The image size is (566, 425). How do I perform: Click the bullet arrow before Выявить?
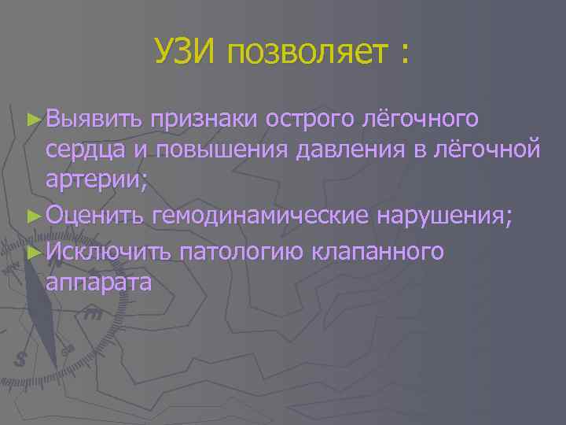tap(32, 119)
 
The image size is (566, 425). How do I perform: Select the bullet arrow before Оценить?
tap(32, 217)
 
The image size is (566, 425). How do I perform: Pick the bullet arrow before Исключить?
tap(32, 251)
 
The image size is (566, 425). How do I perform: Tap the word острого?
tap(309, 119)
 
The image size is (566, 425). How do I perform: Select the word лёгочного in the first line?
tap(419, 119)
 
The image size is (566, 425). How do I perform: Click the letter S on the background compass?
tap(20, 360)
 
